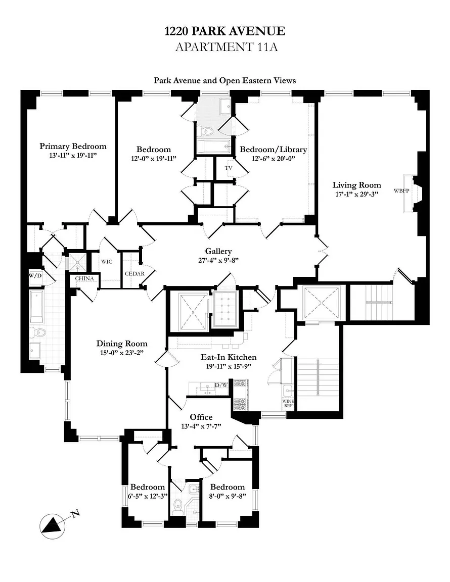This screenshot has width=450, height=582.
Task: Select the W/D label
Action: (x=35, y=276)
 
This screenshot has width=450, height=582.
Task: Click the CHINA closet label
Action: (x=84, y=278)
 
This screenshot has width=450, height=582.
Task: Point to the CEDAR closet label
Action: (x=135, y=274)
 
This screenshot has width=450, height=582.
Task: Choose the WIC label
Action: (x=107, y=262)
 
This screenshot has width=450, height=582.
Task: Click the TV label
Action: (x=229, y=168)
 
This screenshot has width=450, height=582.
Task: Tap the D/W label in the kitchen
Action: (x=221, y=385)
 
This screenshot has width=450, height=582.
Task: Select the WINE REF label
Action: (x=288, y=404)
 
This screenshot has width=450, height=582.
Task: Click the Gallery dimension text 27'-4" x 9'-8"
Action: (x=218, y=261)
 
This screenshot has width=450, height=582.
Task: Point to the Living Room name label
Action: (x=356, y=185)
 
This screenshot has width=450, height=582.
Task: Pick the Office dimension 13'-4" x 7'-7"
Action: (x=201, y=426)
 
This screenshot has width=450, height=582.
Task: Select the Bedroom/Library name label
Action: (x=273, y=150)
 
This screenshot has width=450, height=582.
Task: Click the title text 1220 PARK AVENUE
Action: (x=224, y=31)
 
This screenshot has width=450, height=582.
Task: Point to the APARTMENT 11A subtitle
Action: (x=224, y=47)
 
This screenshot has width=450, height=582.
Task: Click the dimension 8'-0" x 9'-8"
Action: (x=228, y=496)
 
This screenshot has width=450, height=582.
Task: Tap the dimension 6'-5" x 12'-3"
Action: (x=148, y=496)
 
